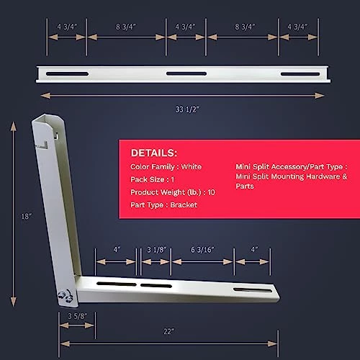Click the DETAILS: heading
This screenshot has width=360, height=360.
coord(153,153)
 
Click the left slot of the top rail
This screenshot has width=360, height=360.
coord(68,74)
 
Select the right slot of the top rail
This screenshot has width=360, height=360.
coord(298,74)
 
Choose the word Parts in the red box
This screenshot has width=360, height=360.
coord(246,186)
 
